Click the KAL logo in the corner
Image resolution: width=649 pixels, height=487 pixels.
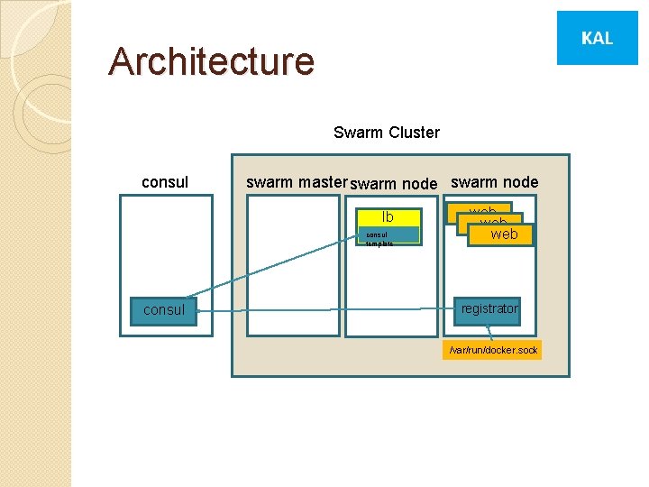[x=597, y=38]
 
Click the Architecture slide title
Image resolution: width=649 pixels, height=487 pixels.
[x=211, y=61]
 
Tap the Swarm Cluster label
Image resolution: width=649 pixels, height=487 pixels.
[x=386, y=133]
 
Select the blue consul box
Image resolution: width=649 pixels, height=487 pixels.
[x=164, y=309]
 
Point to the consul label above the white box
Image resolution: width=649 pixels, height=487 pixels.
[x=165, y=182]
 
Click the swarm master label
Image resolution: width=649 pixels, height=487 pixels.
[x=296, y=182]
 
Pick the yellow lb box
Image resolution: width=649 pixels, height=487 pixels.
[x=388, y=216]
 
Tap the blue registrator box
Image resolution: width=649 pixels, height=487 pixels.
[x=489, y=308]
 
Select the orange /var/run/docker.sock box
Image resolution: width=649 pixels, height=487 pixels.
[x=493, y=350]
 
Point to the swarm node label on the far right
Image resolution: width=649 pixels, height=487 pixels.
[x=494, y=182]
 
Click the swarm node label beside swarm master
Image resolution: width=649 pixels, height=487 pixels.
[x=393, y=183]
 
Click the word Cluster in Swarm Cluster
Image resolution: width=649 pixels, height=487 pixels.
[x=414, y=133]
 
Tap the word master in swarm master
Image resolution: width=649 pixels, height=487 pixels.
[x=324, y=182]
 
